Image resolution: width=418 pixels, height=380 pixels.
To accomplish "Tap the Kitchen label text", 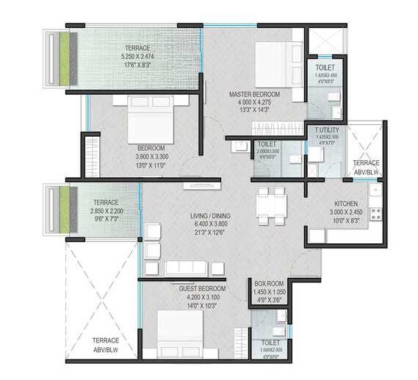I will (x=345, y=203).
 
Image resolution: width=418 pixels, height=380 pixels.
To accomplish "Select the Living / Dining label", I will (x=211, y=215).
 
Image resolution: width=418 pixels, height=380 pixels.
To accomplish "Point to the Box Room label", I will (x=268, y=283).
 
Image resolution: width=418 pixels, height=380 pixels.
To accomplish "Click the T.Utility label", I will (x=324, y=130).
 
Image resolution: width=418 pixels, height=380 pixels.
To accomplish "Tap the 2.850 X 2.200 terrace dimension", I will (x=111, y=210).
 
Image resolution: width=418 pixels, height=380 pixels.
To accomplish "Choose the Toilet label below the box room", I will (x=270, y=343).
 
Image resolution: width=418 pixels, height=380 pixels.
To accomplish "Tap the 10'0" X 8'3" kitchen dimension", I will (x=345, y=221).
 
